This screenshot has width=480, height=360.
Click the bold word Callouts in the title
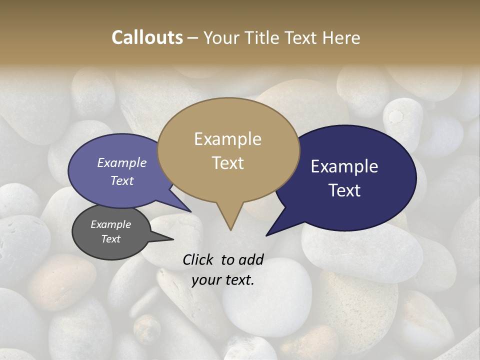tap(147, 37)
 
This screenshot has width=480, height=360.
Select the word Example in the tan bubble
tap(227, 139)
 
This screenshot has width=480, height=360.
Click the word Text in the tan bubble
tap(227, 162)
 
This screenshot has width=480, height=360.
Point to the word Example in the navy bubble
tap(344, 166)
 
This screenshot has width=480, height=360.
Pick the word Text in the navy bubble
tap(344, 190)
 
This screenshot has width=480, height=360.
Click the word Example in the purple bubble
tap(121, 162)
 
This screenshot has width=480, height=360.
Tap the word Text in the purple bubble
tap(121, 180)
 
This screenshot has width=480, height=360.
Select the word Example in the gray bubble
tap(110, 224)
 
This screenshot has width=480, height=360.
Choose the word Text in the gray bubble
tap(110, 239)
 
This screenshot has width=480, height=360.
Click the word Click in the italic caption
tap(198, 259)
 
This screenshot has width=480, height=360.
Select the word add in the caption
tap(251, 259)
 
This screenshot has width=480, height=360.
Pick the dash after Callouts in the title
tap(193, 38)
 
